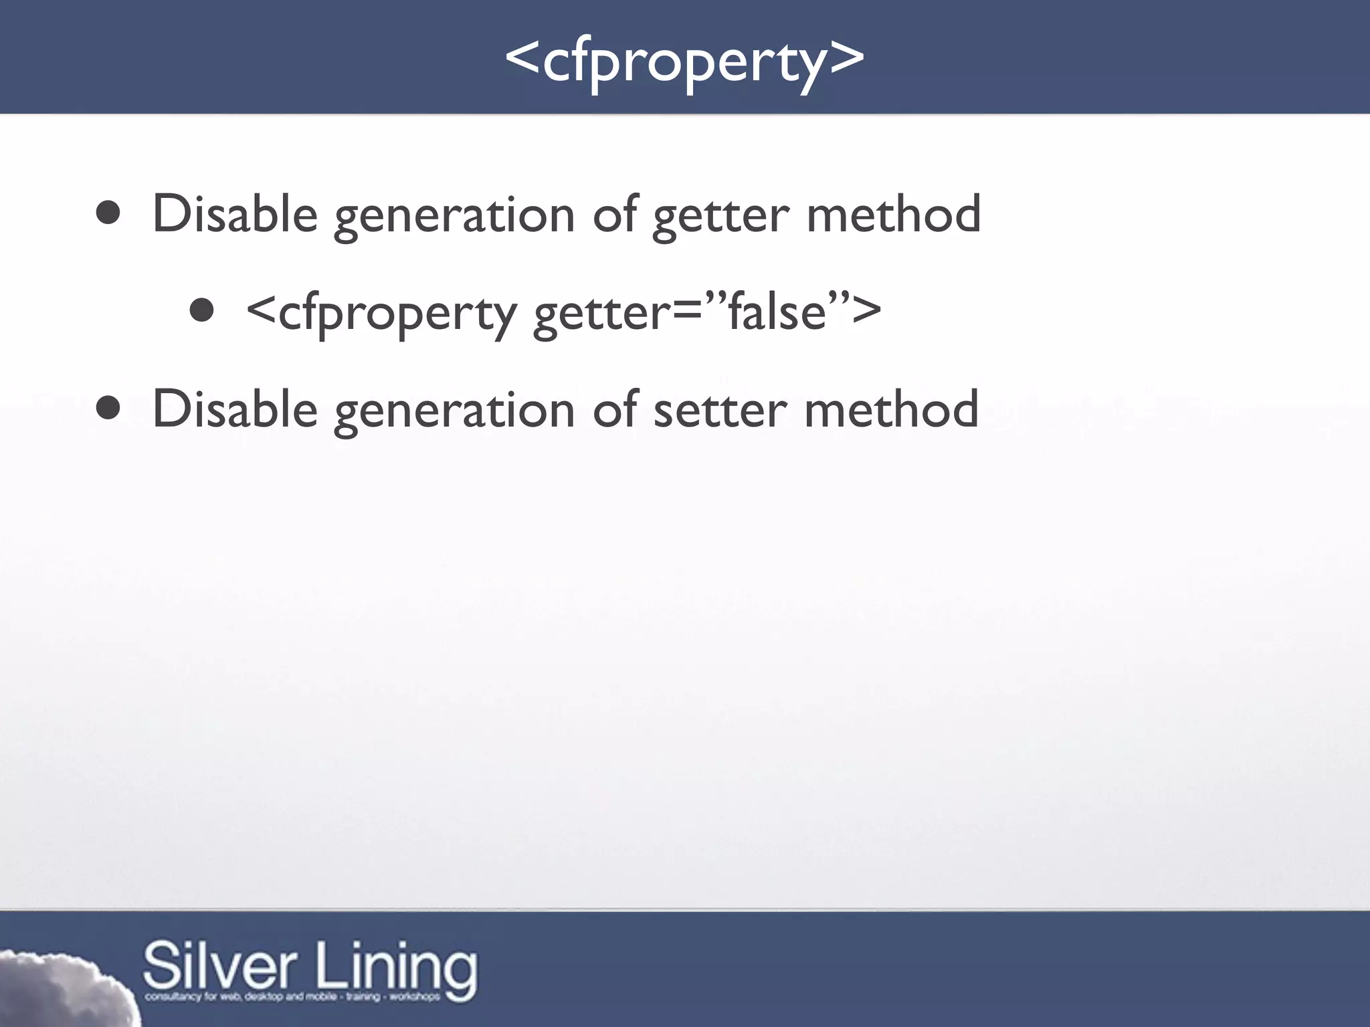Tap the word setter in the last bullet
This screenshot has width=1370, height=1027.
tap(720, 409)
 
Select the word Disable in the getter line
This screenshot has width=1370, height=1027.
tap(235, 214)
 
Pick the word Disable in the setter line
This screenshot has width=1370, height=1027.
tap(235, 409)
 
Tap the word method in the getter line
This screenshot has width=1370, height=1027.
tap(893, 214)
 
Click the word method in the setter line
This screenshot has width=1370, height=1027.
tap(892, 409)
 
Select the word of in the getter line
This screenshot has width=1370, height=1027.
tap(615, 214)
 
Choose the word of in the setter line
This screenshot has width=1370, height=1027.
tap(615, 409)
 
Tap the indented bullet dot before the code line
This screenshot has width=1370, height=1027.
tap(201, 310)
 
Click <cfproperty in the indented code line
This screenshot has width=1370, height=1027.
tap(381, 313)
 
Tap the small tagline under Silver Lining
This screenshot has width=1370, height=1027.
tap(292, 997)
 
